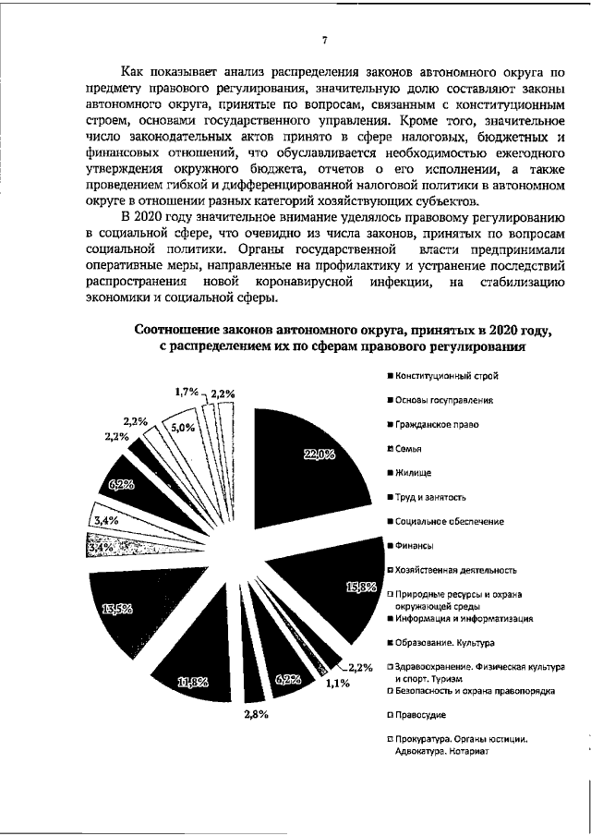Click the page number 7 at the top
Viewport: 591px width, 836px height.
pos(324,40)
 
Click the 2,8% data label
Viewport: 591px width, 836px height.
pos(256,714)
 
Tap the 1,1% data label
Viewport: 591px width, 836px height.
pos(337,685)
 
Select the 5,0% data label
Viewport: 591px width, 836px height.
pos(183,428)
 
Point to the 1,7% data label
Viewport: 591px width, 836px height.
pos(187,393)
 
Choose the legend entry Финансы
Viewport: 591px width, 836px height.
pos(416,546)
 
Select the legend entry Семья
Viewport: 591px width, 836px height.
pos(412,449)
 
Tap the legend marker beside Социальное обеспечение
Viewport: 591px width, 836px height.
pos(391,522)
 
